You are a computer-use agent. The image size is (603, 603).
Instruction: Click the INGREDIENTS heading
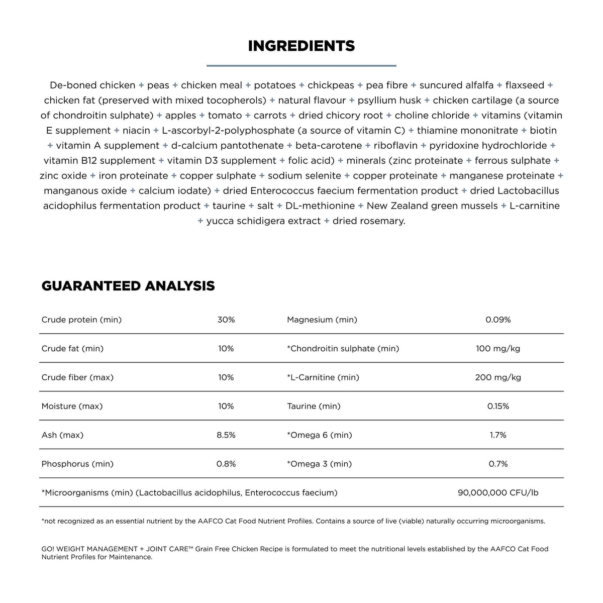(x=301, y=46)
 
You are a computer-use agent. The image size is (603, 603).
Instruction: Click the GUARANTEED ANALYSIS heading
(x=128, y=286)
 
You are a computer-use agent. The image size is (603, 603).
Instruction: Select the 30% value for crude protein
(x=226, y=320)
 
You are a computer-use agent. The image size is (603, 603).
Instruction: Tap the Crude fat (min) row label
(x=72, y=348)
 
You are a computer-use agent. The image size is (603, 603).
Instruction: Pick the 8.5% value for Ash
(x=226, y=435)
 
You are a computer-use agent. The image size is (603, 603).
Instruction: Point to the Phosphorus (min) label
(x=77, y=464)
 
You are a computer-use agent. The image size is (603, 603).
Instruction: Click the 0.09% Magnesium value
(x=498, y=320)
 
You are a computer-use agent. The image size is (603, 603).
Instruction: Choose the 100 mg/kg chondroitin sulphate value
(x=498, y=348)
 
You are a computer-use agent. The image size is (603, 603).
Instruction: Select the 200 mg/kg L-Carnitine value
(x=498, y=377)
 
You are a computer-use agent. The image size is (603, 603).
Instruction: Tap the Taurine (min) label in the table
(x=314, y=406)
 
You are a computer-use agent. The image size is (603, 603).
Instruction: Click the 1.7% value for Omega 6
(x=498, y=435)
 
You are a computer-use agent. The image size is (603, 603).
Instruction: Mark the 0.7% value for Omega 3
(x=498, y=464)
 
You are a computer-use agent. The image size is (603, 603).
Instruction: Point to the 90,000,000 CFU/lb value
(x=498, y=493)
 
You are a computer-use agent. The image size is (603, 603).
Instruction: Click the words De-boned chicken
(x=92, y=85)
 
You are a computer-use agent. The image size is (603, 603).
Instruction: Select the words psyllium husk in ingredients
(x=389, y=100)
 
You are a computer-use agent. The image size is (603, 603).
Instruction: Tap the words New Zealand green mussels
(x=432, y=206)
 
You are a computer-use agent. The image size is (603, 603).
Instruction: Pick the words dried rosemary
(x=369, y=221)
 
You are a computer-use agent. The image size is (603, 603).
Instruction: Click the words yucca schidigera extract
(x=263, y=221)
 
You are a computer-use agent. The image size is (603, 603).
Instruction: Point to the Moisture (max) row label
(x=72, y=406)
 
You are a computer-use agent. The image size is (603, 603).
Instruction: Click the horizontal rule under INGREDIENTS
(x=301, y=65)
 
